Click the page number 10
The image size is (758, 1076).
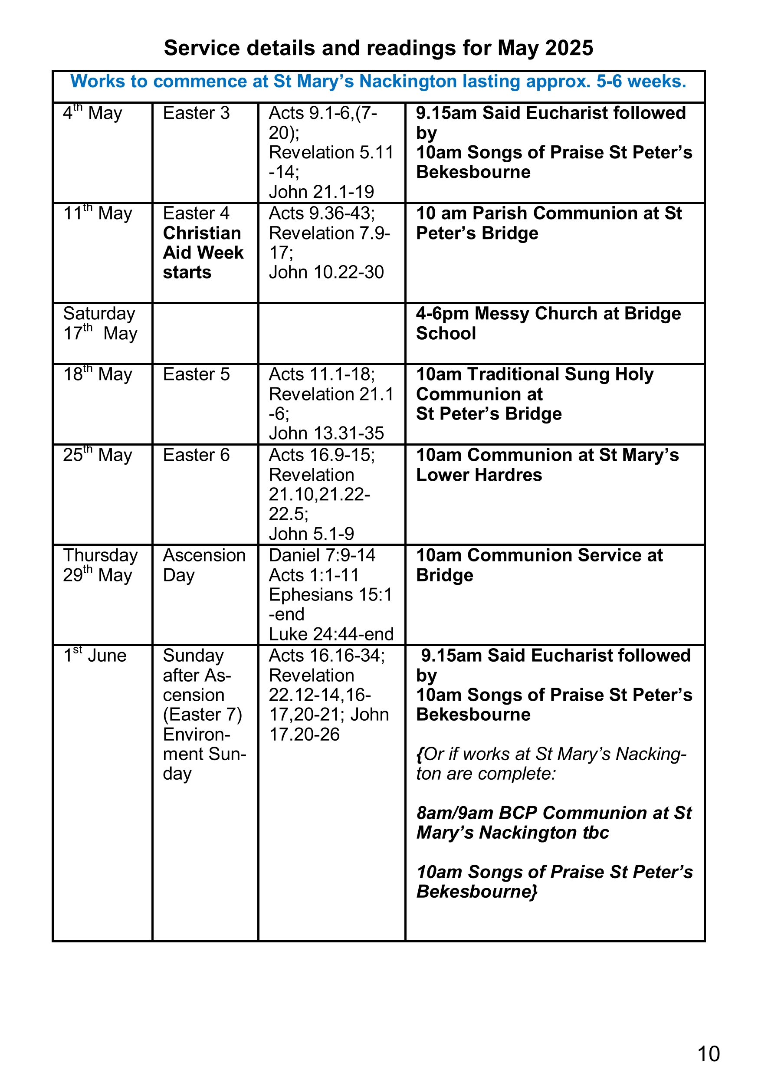click(x=708, y=1053)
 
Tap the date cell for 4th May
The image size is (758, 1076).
click(x=93, y=113)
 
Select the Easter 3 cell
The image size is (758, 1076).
click(x=196, y=113)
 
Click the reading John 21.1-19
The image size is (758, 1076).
click(x=321, y=192)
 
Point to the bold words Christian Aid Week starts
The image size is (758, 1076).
click(x=203, y=253)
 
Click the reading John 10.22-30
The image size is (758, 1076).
click(x=326, y=272)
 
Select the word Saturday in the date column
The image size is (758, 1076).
click(x=99, y=314)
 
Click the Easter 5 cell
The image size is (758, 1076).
click(x=196, y=374)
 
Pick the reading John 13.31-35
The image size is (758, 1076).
click(x=326, y=433)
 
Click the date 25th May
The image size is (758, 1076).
click(x=98, y=455)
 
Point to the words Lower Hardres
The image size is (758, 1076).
click(x=479, y=475)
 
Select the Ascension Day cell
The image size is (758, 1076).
click(x=203, y=565)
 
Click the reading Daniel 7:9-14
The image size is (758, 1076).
click(x=322, y=555)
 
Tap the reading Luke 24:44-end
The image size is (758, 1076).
click(x=331, y=634)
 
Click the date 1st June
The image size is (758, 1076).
click(x=95, y=656)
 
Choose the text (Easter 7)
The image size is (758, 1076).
click(x=203, y=715)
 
